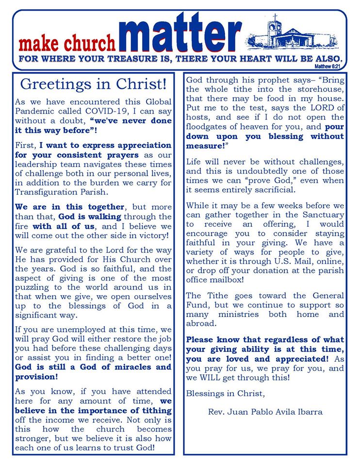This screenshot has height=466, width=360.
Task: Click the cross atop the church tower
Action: (275, 18)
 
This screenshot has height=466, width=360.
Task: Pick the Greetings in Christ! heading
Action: (93, 84)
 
